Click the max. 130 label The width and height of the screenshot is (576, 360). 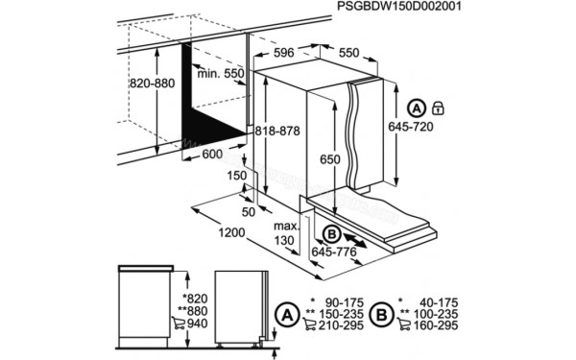coord(282,231)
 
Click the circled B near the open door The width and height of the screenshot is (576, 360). coord(329,233)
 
